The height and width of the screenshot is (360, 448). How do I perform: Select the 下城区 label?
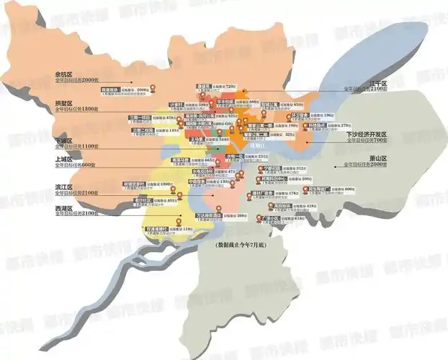[63, 140]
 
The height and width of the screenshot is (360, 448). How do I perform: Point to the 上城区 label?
[63, 160]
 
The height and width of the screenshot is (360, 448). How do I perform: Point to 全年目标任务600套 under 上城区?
[75, 166]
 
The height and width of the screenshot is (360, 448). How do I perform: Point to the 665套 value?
[210, 160]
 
